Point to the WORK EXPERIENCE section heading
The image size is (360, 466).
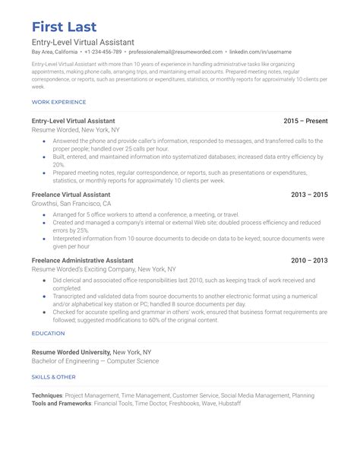point(58,102)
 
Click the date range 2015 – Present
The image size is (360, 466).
point(306,121)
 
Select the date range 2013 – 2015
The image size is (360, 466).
point(310,195)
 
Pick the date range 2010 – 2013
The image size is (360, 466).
point(310,260)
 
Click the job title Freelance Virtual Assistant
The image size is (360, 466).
point(76,195)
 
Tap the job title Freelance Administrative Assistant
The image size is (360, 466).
point(87,260)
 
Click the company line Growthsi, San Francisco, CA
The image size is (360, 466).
point(71,204)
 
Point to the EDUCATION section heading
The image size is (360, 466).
point(48,333)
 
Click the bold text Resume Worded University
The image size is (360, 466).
point(71,353)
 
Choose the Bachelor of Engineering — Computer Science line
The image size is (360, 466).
point(95,362)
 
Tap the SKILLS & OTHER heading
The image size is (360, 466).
point(53,377)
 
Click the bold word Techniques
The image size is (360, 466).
point(47,395)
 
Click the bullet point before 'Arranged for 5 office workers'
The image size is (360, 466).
point(45,215)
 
